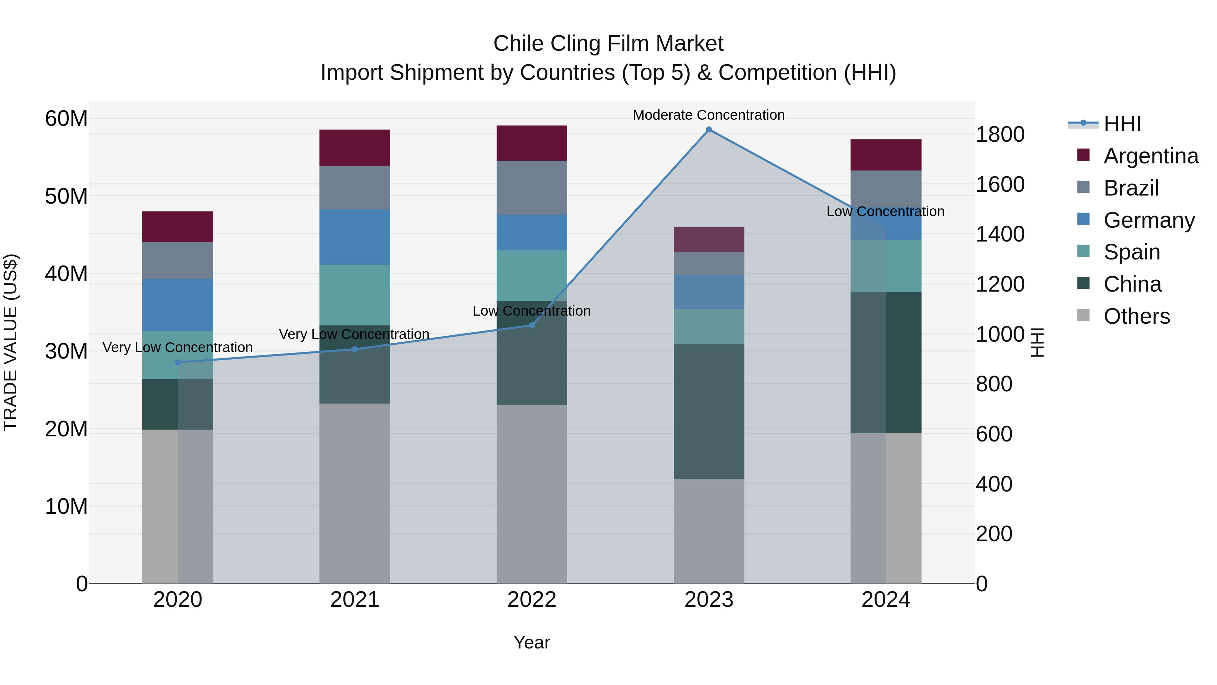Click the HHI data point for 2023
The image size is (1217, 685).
(709, 130)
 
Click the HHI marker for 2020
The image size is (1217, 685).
(177, 363)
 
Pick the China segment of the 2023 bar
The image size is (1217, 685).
(709, 411)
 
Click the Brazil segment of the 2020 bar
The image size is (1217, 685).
(177, 260)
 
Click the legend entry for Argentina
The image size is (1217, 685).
(1150, 156)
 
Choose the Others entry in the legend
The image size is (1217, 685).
(1136, 316)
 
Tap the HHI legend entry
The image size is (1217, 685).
(1122, 124)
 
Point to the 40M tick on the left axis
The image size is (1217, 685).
(66, 274)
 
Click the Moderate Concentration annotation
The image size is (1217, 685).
(709, 115)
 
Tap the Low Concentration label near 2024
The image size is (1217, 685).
(885, 211)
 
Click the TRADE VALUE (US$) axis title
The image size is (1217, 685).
(10, 342)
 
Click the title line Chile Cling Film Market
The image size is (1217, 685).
(608, 44)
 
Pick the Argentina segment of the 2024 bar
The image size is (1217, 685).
(885, 155)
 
